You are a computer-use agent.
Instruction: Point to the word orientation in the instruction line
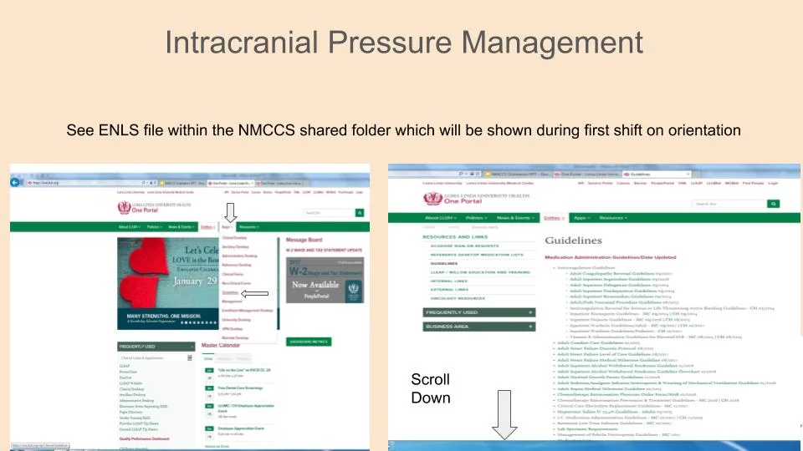708,130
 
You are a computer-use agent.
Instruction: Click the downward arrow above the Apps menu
231,216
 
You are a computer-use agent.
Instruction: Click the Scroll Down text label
430,388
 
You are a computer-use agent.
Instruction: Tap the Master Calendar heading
222,345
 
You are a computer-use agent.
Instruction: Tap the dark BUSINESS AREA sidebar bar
478,327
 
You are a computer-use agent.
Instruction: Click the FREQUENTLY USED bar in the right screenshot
478,312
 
